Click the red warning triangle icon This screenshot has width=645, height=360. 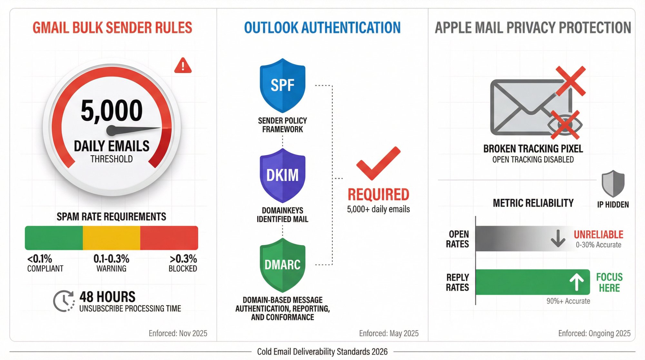(x=183, y=66)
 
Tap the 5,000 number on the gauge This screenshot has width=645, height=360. (x=112, y=111)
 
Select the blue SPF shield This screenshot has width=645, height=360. (x=283, y=85)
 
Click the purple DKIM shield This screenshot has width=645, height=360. (x=283, y=175)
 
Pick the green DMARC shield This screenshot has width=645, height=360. (x=283, y=265)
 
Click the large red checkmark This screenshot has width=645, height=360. (x=378, y=163)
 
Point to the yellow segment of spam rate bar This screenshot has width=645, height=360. (x=111, y=238)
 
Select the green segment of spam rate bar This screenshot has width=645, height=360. (x=54, y=238)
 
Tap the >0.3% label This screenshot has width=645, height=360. (x=183, y=259)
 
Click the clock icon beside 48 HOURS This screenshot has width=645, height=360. (x=64, y=301)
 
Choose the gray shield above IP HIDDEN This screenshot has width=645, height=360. (x=613, y=184)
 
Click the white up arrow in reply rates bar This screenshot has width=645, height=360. (x=576, y=282)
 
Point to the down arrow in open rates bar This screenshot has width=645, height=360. (x=558, y=238)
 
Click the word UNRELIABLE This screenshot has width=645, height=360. (x=598, y=235)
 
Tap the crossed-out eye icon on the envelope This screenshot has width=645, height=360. (x=565, y=125)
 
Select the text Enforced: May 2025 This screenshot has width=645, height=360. (x=389, y=333)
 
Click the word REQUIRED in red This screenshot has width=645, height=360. (x=378, y=195)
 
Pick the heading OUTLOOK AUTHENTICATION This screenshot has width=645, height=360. (x=322, y=28)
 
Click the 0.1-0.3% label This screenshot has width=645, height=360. (x=111, y=259)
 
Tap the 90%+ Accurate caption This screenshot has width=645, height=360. (x=568, y=301)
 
